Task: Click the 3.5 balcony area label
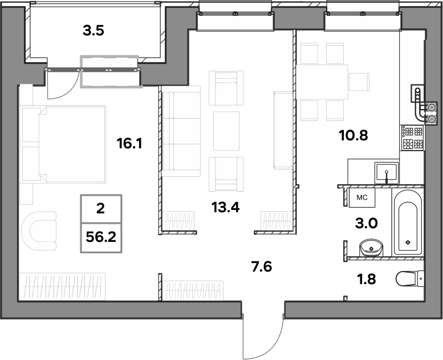coord(94,31)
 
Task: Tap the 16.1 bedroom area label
coord(129,144)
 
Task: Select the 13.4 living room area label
coord(225,207)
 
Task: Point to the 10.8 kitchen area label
coord(353,135)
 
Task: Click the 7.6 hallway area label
coord(262,266)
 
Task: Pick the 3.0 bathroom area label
coord(366,224)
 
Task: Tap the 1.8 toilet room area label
coord(367,279)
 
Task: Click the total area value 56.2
coord(101,237)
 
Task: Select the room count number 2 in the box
coord(100,209)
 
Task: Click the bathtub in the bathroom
coord(408,222)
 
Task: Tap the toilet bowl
coord(410,278)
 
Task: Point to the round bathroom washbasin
coord(371,248)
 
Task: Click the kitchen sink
coord(387,173)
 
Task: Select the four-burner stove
coord(412,137)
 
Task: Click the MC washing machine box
coord(362,197)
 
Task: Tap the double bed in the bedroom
coord(72,144)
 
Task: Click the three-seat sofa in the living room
coord(181,131)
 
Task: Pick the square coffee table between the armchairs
coord(226,131)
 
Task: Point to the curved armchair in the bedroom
coord(39,230)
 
